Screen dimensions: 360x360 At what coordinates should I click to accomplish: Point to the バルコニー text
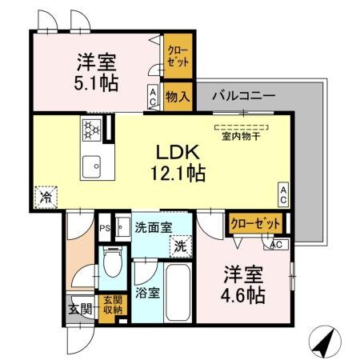tap(243, 95)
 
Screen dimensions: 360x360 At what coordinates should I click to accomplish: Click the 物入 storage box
tap(177, 96)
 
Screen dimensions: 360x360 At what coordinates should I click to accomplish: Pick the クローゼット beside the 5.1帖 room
tap(178, 57)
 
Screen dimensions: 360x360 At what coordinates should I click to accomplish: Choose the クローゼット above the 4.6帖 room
tap(256, 224)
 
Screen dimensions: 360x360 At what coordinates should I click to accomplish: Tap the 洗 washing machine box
tap(182, 246)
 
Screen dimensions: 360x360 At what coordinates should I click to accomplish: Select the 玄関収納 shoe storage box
tap(113, 305)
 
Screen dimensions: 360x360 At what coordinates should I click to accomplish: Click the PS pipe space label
tap(103, 228)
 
